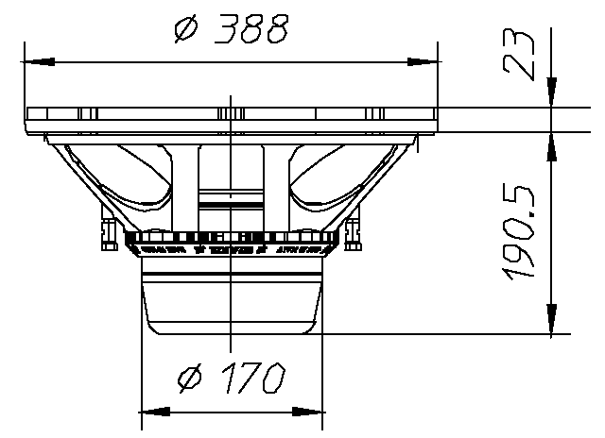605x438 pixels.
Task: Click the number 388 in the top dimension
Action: point(249,31)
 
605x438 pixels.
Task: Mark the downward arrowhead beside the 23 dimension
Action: point(552,95)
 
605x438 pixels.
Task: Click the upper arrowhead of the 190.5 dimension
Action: point(552,143)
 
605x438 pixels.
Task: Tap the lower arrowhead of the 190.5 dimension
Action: point(552,321)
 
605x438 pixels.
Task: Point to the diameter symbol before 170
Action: point(191,379)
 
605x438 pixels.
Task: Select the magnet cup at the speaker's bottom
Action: point(233,302)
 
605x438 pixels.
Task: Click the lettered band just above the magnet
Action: point(233,252)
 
